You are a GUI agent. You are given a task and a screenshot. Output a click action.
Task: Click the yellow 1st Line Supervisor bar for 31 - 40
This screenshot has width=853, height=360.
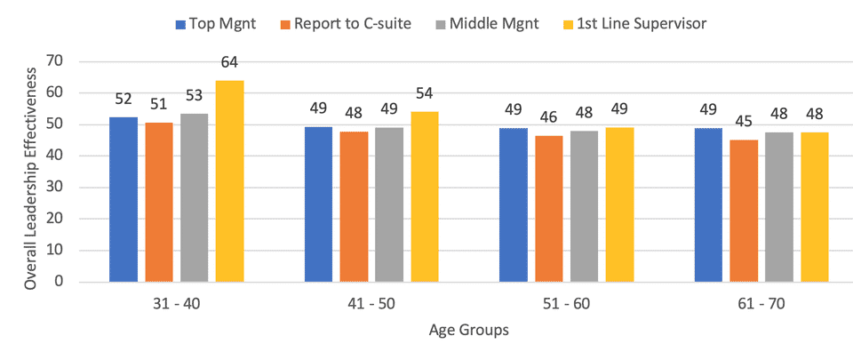click(229, 181)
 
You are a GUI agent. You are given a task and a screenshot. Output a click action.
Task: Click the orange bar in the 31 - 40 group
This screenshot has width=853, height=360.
click(159, 202)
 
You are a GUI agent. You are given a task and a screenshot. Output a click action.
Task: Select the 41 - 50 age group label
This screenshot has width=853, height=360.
click(371, 304)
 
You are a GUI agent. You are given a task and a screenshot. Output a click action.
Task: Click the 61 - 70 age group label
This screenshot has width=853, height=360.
click(761, 304)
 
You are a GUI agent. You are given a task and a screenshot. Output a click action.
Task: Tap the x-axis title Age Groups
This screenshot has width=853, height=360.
click(469, 331)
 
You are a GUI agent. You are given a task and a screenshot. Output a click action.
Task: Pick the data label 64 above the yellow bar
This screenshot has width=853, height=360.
click(229, 62)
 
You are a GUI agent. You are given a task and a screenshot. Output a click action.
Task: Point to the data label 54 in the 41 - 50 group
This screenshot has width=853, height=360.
click(424, 93)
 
